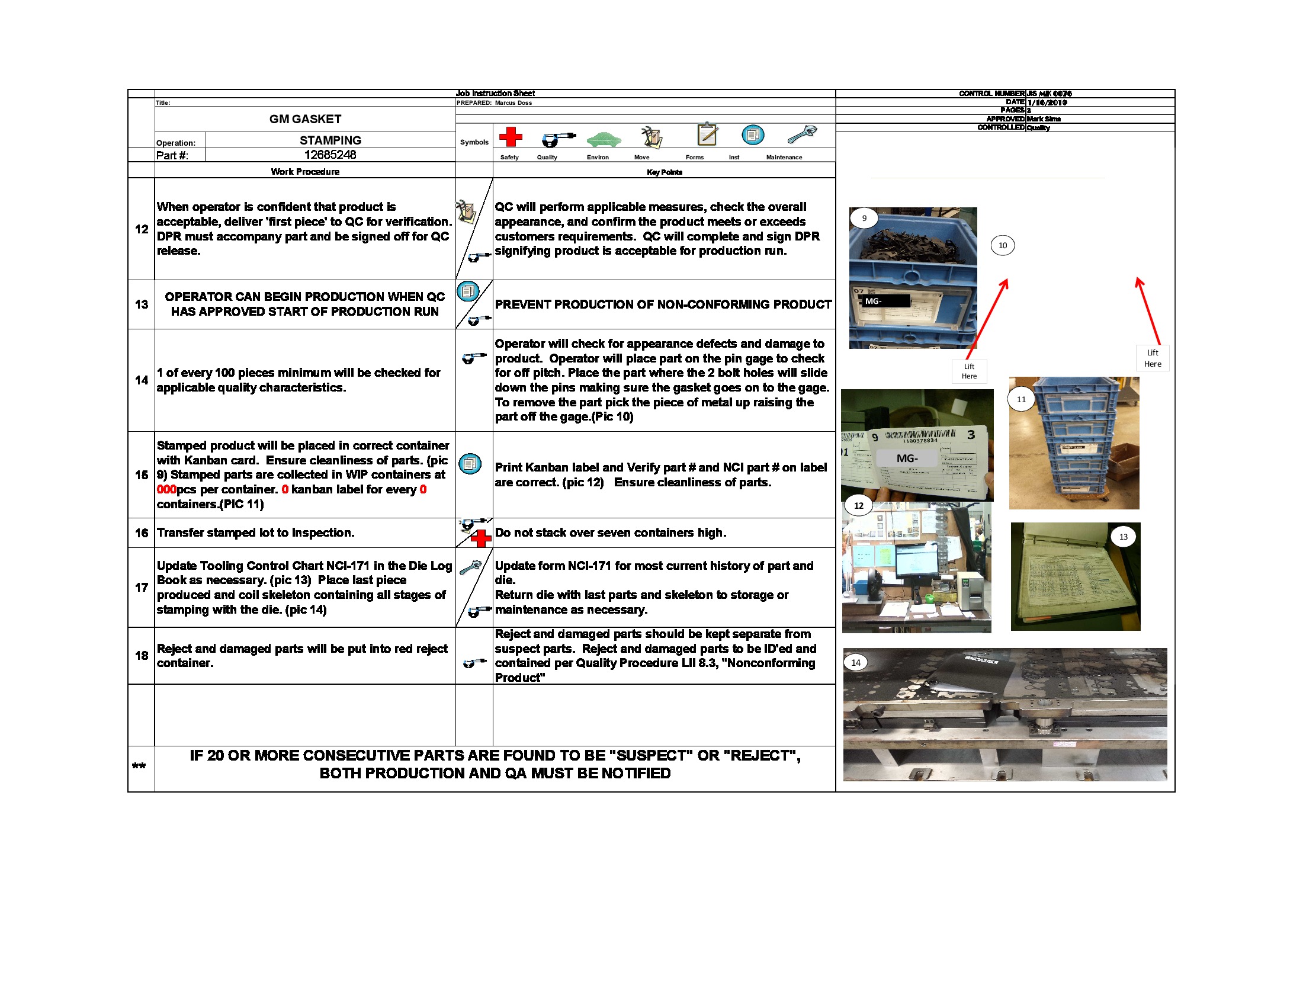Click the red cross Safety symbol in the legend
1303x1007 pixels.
[510, 137]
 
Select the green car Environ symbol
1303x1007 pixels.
[603, 139]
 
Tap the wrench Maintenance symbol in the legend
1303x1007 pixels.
[802, 135]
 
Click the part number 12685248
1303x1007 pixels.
[330, 155]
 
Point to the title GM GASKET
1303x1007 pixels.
[305, 118]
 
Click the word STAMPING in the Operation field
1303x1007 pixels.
[330, 140]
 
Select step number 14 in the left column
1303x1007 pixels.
[142, 380]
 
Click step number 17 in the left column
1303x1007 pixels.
[142, 588]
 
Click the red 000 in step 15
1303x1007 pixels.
[166, 490]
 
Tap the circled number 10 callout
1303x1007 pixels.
[1002, 245]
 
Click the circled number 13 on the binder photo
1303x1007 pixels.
[1123, 537]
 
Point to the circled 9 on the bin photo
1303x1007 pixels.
[864, 219]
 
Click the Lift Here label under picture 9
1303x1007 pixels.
[969, 371]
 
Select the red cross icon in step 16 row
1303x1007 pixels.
[481, 538]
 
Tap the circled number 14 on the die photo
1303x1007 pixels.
[856, 662]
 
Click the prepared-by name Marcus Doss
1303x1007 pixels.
[513, 102]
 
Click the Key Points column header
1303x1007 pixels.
[664, 172]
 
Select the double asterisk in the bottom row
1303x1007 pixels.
[139, 766]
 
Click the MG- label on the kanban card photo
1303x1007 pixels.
[907, 458]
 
